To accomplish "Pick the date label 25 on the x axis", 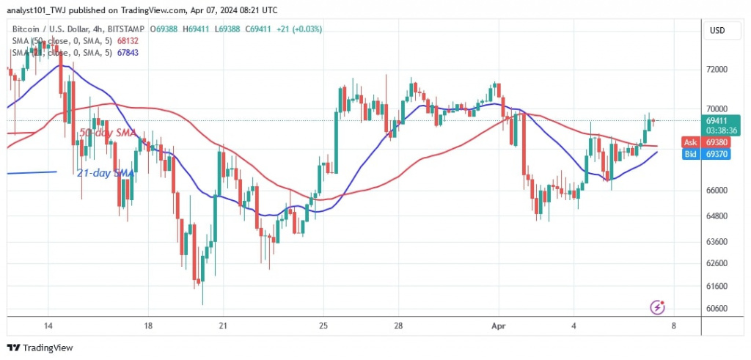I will click(x=323, y=325).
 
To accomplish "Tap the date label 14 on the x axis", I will click(x=48, y=325).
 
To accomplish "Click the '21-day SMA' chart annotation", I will click(x=105, y=173).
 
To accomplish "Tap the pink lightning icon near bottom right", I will click(x=658, y=306).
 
